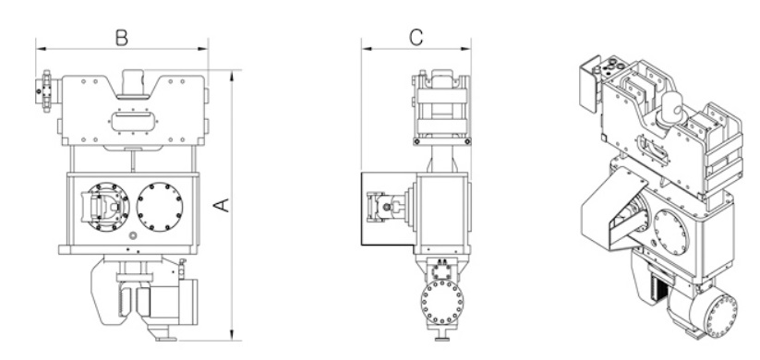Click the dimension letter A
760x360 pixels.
tap(222, 205)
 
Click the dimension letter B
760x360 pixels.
tap(122, 37)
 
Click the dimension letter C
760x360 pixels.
tap(416, 37)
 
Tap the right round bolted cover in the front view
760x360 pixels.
tap(160, 207)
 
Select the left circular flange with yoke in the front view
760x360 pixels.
tap(105, 207)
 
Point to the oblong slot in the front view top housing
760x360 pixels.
tap(132, 121)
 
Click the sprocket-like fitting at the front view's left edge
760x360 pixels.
tap(46, 91)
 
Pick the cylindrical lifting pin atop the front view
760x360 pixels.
tap(133, 83)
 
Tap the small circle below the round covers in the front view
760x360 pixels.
tap(133, 236)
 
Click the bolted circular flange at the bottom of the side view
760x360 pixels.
tap(442, 302)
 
